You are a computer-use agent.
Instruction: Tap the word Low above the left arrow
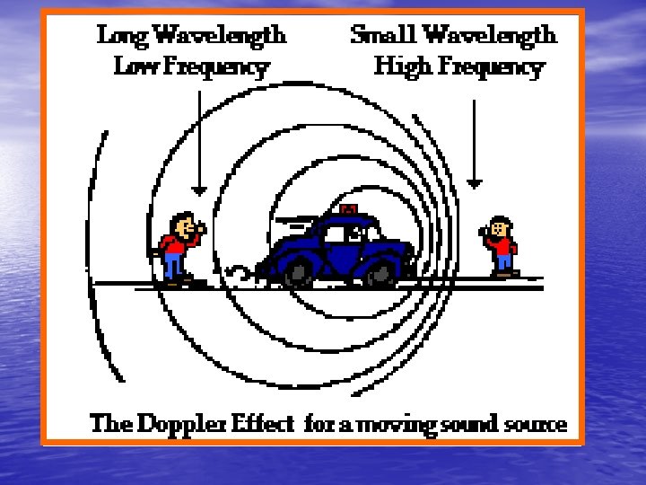point(132,66)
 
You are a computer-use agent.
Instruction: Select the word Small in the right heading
point(384,36)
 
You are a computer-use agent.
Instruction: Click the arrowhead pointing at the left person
point(199,190)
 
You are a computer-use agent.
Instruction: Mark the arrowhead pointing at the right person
point(475,182)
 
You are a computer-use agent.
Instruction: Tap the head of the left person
point(183,222)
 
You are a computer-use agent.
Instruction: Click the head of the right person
point(501,225)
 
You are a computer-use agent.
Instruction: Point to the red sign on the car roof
point(347,209)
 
